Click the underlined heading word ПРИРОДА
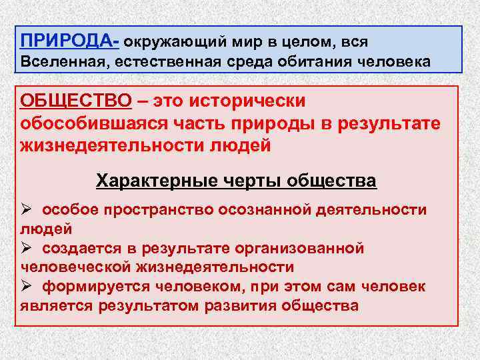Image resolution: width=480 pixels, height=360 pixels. coord(66,41)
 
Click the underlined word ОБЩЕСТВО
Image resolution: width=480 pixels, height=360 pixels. coord(76,101)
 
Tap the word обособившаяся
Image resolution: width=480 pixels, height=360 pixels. coord(93,124)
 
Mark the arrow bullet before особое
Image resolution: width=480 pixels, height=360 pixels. coord(27,209)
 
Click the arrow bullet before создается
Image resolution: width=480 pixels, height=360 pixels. coord(27,248)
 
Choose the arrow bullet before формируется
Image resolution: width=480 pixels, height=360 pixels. coord(27,287)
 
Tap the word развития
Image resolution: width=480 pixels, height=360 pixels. coord(245,306)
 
